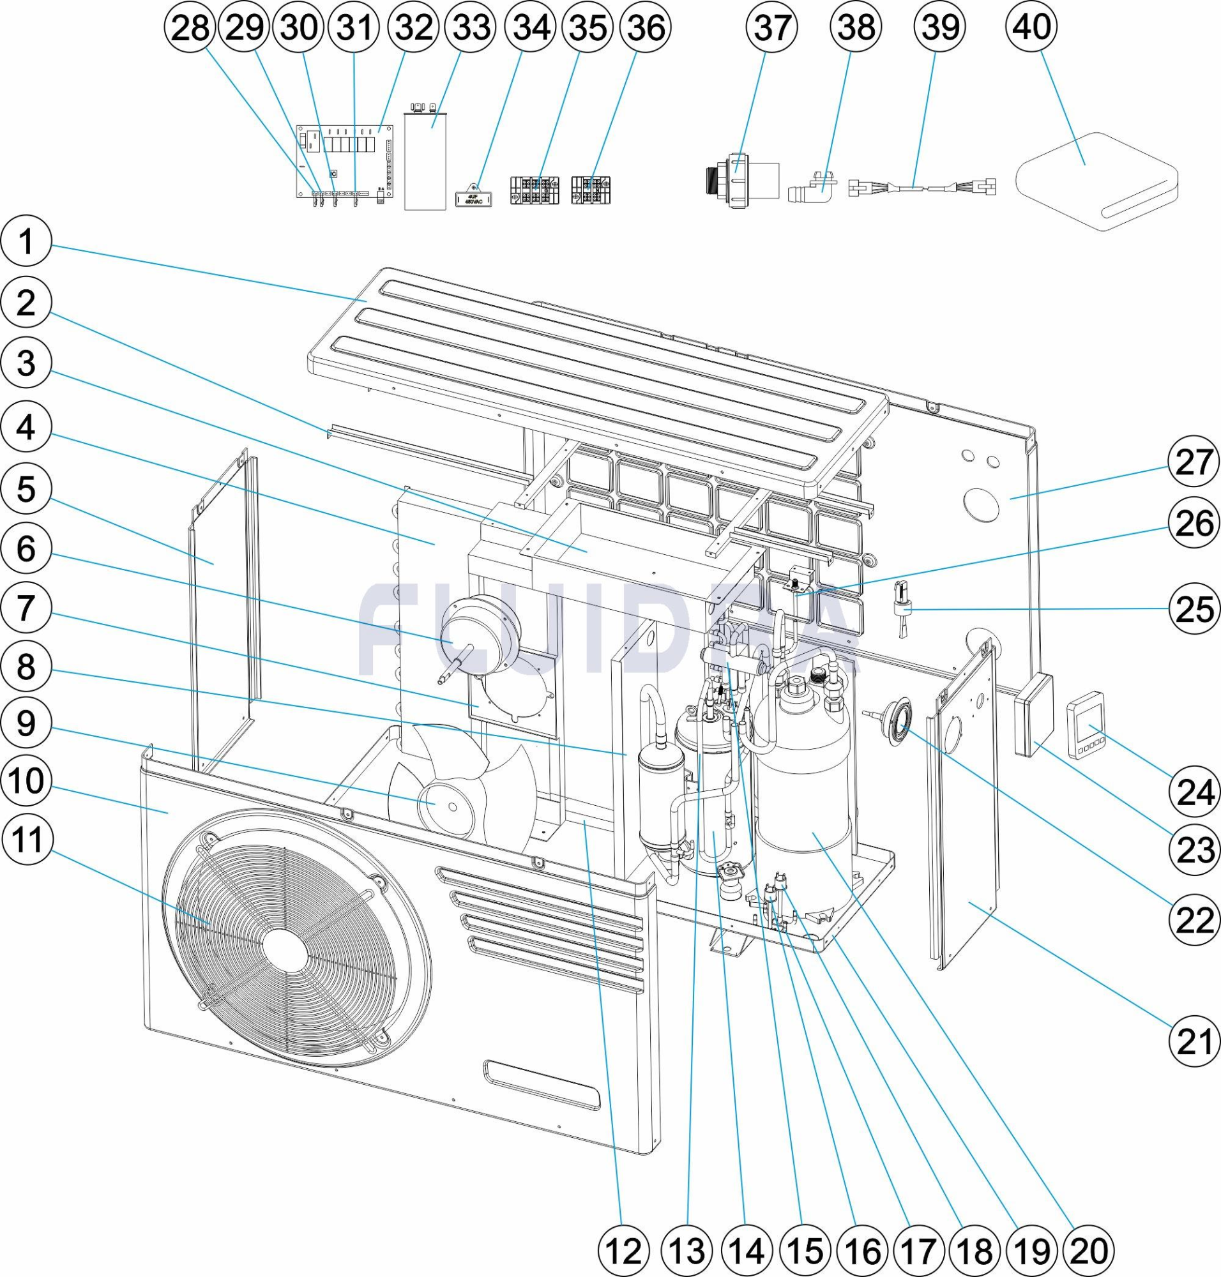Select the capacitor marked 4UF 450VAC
coord(478,195)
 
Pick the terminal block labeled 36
coord(591,189)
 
